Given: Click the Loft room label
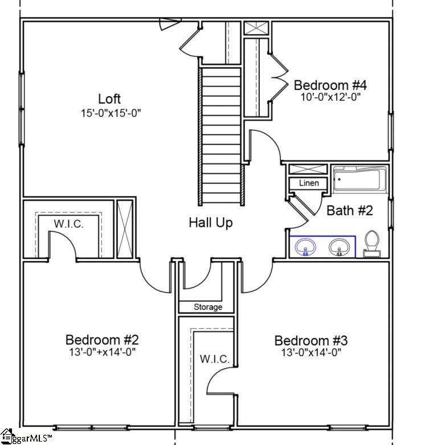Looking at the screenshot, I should [x=109, y=99].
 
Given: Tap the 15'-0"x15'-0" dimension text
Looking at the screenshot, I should [x=111, y=113].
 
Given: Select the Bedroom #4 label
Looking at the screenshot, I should [x=330, y=85].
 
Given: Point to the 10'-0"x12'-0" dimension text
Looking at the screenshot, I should [x=331, y=97].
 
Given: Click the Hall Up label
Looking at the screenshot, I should [x=210, y=222].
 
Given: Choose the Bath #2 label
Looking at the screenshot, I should [x=349, y=211].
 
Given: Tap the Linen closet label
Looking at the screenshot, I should [x=308, y=184].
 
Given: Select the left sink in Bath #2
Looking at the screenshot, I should [x=306, y=247].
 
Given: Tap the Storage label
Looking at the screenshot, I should [x=207, y=307].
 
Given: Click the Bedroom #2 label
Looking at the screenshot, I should [x=102, y=340].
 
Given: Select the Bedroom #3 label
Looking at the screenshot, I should [x=310, y=341].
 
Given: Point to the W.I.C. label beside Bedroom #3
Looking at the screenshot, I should [x=214, y=359].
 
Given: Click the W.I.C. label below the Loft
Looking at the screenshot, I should [x=68, y=224].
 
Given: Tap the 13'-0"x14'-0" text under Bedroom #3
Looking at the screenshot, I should [x=311, y=353].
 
